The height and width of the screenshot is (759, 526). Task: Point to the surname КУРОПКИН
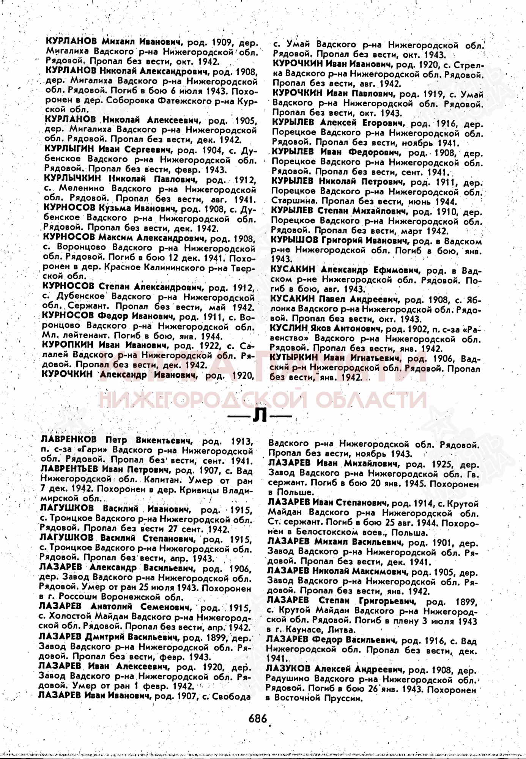click(x=68, y=345)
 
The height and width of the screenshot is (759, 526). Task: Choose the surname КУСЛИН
click(x=288, y=328)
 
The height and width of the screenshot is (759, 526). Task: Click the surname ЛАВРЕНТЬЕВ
click(x=69, y=469)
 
